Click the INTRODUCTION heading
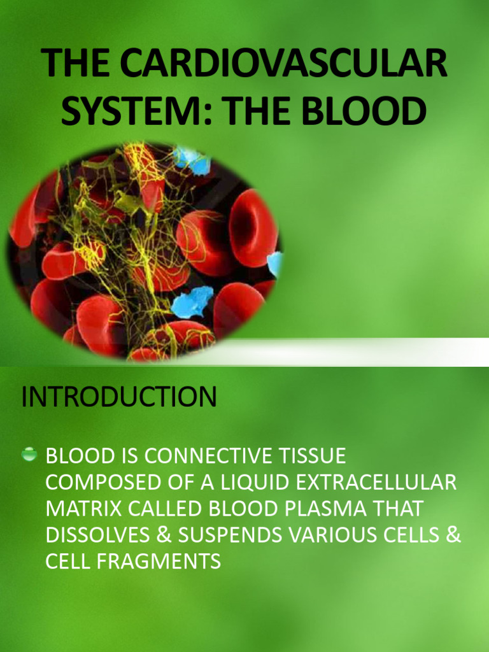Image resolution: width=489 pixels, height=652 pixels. tap(119, 397)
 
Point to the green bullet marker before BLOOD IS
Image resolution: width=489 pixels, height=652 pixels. tap(29, 455)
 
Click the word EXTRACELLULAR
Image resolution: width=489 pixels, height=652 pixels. tap(378, 482)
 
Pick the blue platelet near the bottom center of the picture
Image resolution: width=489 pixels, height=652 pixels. tap(192, 302)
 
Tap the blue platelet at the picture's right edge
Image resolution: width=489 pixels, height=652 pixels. tap(275, 262)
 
